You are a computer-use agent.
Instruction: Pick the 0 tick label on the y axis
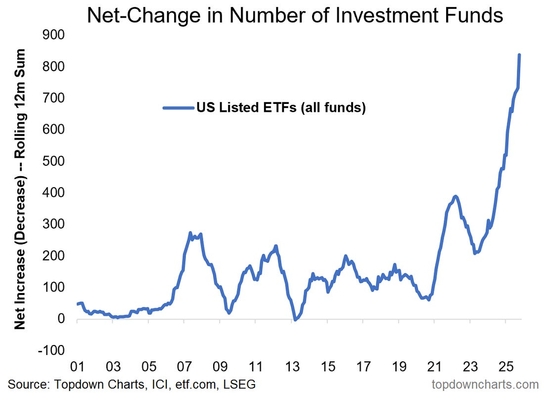(x=62, y=319)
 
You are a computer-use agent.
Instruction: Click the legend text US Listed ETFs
(x=280, y=107)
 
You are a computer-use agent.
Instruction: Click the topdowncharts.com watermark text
(x=485, y=384)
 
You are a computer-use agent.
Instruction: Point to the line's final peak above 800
(x=519, y=55)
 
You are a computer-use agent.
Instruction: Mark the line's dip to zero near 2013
(x=295, y=320)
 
